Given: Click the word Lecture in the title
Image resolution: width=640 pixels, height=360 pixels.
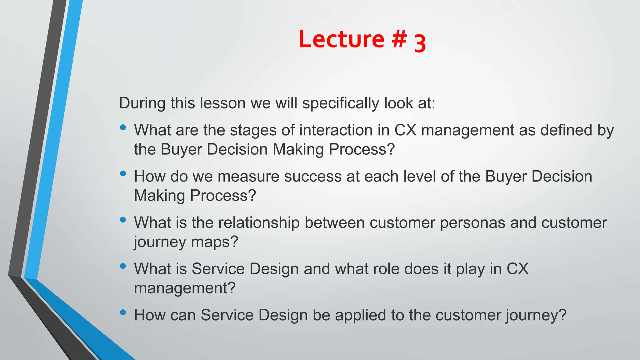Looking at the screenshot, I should click(x=341, y=39).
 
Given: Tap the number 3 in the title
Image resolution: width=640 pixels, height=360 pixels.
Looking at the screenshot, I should click(x=420, y=43).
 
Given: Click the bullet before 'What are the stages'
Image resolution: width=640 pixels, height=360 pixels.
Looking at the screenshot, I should click(x=123, y=127).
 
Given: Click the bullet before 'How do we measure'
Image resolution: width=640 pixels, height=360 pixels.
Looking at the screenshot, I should click(x=123, y=173).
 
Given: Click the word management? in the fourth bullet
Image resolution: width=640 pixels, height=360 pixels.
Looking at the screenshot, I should click(x=185, y=288).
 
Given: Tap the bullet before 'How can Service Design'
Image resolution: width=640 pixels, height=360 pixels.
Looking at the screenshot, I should click(x=123, y=312).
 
